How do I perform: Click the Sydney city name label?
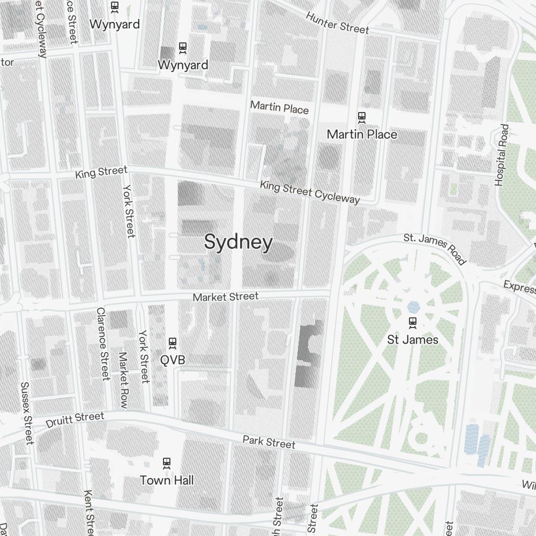pos(238,243)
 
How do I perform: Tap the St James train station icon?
pos(413,323)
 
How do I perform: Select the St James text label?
pos(413,340)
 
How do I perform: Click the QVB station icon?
pos(173,342)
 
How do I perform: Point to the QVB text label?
pos(173,360)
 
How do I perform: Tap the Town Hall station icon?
pos(167,462)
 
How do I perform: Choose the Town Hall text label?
pos(167,480)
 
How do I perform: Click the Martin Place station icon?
pos(362,116)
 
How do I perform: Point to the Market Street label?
pos(226,296)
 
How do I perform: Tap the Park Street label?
pos(269,442)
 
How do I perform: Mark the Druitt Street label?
pos(75,420)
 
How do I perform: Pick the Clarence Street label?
pos(102,344)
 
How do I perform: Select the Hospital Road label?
pos(502,155)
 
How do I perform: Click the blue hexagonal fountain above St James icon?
pos(413,307)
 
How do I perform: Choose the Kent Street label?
pos(90,512)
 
